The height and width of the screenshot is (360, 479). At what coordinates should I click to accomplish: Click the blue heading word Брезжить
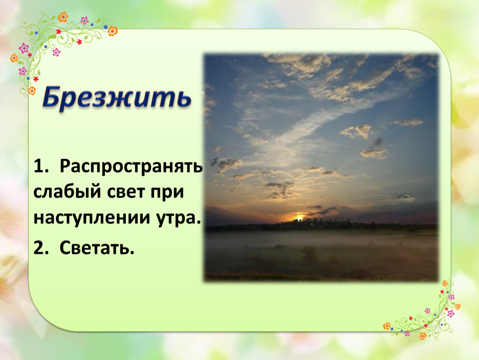click(117, 97)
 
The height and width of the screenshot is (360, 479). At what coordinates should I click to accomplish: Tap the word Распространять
click(131, 167)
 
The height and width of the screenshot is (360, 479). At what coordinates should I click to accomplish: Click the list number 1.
click(41, 166)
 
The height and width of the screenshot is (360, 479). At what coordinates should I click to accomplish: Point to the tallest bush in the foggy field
click(309, 253)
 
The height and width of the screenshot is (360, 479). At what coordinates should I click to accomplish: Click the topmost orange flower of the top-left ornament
click(63, 17)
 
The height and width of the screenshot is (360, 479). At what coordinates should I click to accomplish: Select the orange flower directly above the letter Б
click(32, 90)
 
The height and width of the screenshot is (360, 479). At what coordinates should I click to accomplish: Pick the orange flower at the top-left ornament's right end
click(113, 31)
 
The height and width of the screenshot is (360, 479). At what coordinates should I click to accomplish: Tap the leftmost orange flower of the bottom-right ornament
click(387, 326)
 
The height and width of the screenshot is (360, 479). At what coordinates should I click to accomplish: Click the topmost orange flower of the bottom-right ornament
click(445, 283)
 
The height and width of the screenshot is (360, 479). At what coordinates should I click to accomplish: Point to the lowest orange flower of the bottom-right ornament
click(423, 336)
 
